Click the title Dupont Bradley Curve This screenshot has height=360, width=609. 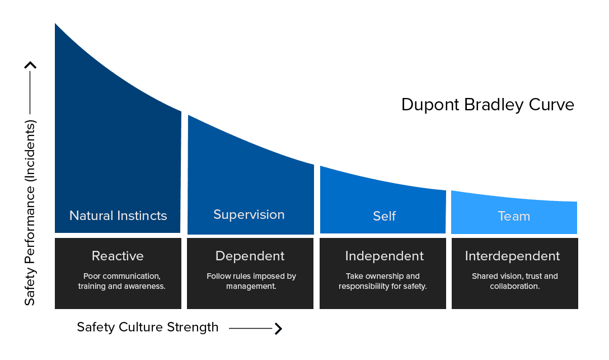tap(488, 105)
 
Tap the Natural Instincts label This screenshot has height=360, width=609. tap(118, 216)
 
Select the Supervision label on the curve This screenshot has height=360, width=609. tap(249, 215)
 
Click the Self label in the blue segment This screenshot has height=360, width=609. tap(384, 216)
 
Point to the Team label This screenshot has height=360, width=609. tap(514, 216)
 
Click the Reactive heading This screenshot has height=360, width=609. tap(118, 256)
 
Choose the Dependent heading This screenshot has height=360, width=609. tap(250, 256)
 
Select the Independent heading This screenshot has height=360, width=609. tap(384, 256)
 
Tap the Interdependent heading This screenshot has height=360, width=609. tap(512, 256)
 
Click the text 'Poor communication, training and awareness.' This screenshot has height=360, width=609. tap(121, 281)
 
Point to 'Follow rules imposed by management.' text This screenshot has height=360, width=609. tap(251, 281)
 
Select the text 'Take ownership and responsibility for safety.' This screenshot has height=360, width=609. tap(382, 281)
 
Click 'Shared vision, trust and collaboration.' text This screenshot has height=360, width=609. tap(514, 281)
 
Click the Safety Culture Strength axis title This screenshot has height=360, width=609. tap(148, 327)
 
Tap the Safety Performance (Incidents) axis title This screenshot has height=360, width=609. tap(30, 212)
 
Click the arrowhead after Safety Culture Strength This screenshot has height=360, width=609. tap(279, 329)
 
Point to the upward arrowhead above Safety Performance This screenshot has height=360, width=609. tap(30, 65)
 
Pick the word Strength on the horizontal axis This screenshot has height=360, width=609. tap(193, 327)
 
